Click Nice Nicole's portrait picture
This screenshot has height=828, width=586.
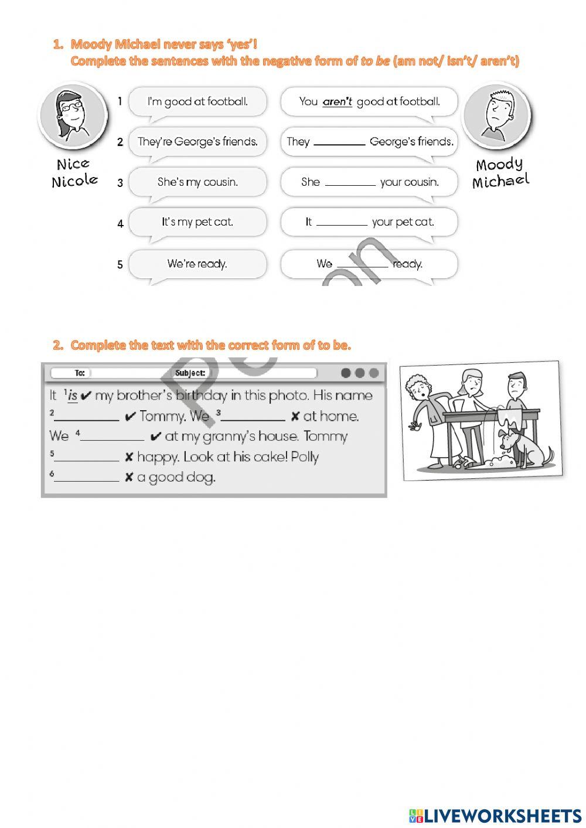[73, 115]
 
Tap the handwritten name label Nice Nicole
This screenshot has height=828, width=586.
[74, 172]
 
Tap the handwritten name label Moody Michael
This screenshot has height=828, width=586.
[500, 173]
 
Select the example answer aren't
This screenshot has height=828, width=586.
[338, 102]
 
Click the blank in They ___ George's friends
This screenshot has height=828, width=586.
[339, 142]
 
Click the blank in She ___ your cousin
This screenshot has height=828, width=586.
[350, 182]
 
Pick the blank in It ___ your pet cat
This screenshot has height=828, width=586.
[342, 222]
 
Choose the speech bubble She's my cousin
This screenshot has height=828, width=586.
[197, 182]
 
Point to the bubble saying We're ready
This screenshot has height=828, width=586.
[197, 264]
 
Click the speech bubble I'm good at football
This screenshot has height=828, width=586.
[197, 102]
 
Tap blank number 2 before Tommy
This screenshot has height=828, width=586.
[87, 417]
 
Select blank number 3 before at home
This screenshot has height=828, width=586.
[253, 417]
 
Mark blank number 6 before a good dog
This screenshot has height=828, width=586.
[87, 478]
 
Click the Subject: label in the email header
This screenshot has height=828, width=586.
[190, 373]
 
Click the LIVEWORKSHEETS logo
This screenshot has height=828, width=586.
[495, 815]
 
